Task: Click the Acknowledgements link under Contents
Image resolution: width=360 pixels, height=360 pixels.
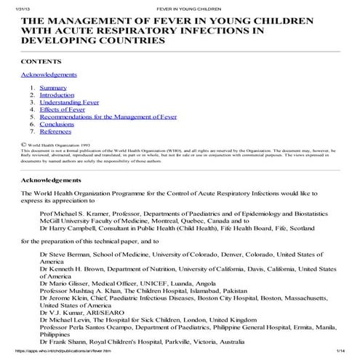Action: pyautogui.click(x=48, y=74)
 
